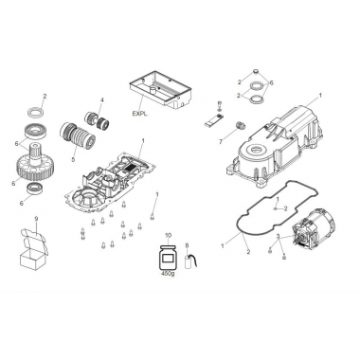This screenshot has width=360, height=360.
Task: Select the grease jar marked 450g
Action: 171,258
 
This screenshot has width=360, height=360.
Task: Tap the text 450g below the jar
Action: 171,279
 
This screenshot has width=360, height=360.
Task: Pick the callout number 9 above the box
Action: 36,220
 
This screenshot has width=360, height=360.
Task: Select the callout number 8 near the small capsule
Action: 189,246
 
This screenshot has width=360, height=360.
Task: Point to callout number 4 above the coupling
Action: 102,100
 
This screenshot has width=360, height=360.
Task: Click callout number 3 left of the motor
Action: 278,234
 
